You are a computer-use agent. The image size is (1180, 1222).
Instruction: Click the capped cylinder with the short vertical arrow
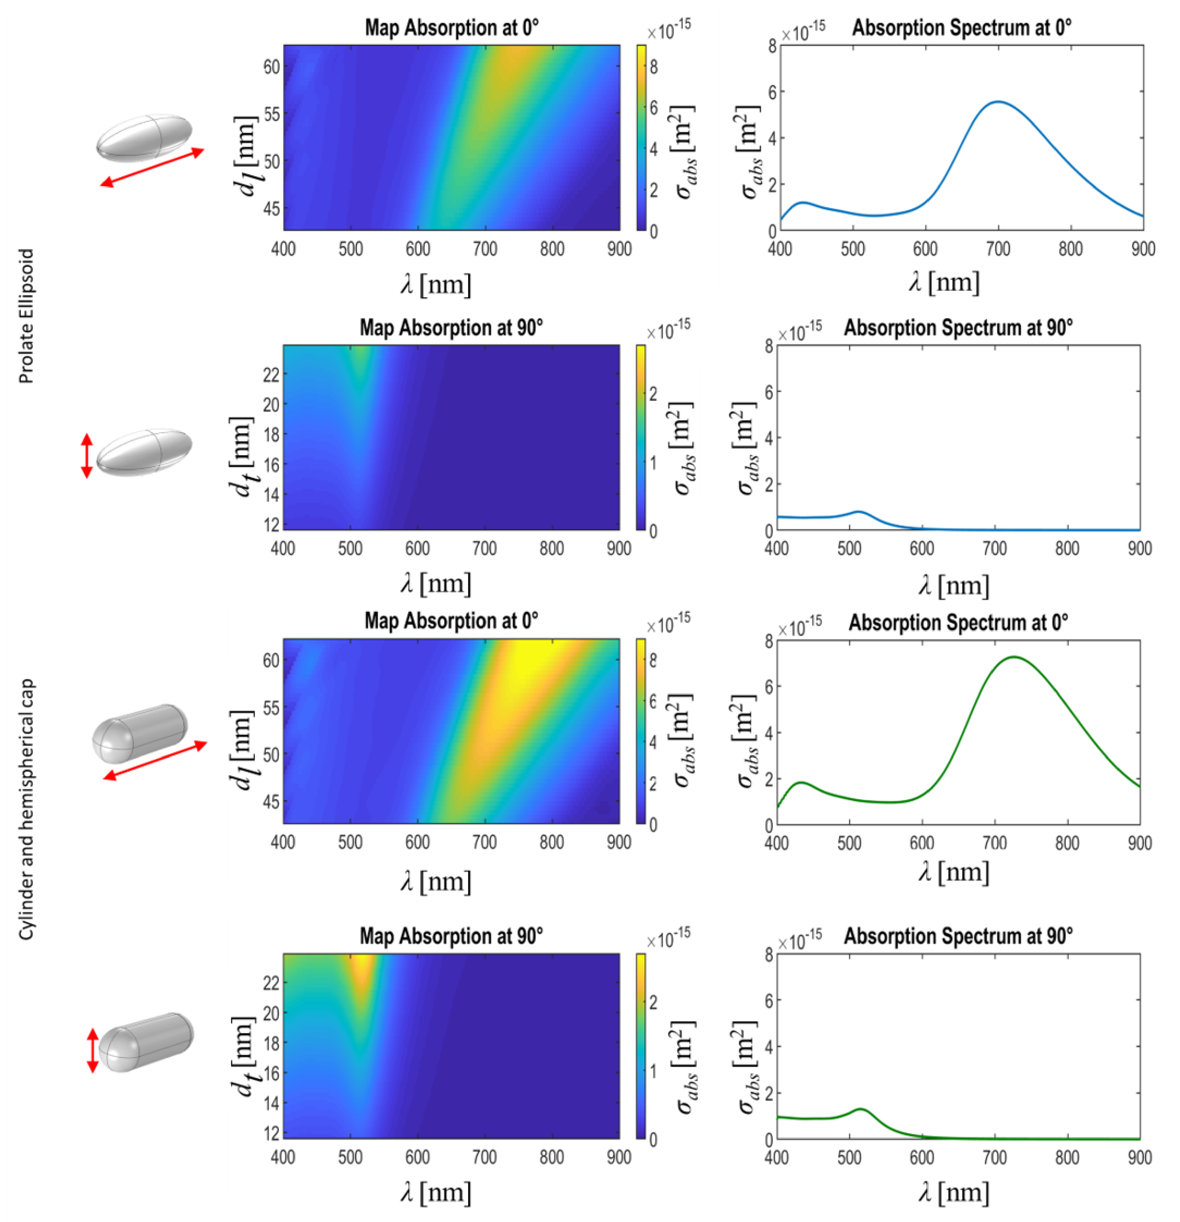coord(147,1042)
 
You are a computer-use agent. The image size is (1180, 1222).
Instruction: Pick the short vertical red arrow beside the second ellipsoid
coord(87,456)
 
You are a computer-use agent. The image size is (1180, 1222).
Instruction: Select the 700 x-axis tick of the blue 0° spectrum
coord(998,249)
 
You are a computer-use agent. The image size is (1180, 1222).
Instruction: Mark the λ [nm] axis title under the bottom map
coord(436,1191)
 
